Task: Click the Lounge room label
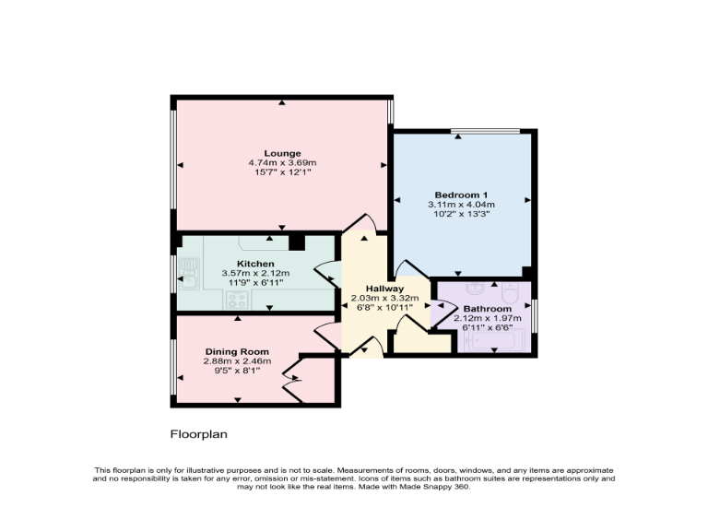click(282, 153)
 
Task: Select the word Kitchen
click(254, 264)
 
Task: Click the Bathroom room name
click(486, 309)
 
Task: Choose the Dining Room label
click(237, 351)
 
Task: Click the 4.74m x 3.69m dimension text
click(282, 163)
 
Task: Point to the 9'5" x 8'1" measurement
click(237, 371)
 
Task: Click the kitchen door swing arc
click(325, 272)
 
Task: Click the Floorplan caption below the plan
click(198, 433)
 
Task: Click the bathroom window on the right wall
click(536, 314)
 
